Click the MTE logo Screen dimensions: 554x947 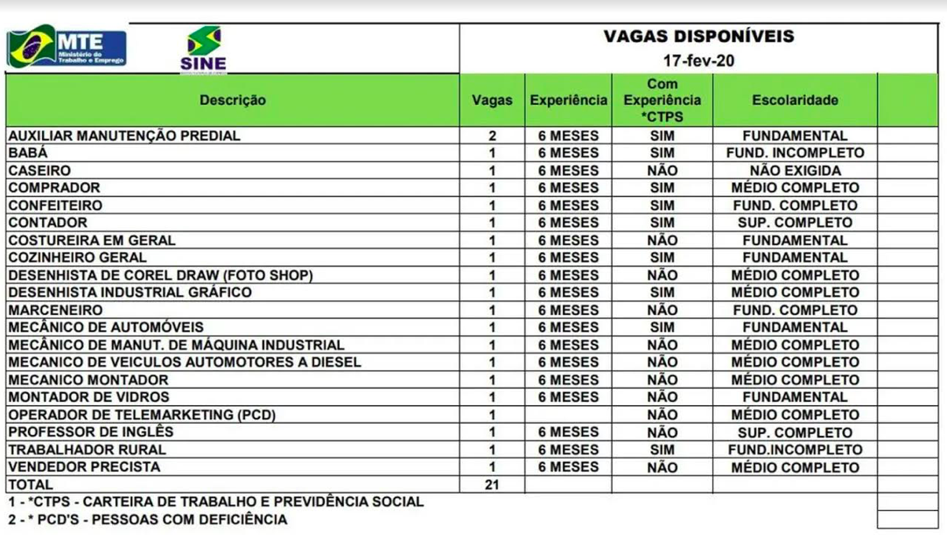[x=67, y=48]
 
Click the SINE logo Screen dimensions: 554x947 [x=203, y=49]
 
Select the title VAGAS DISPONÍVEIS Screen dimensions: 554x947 [x=698, y=37]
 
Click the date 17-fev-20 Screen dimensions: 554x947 [x=698, y=61]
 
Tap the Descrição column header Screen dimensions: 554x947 [x=232, y=101]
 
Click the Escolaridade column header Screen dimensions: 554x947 [x=795, y=101]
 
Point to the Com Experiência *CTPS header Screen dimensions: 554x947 [x=662, y=100]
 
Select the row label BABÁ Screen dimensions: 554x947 [x=27, y=153]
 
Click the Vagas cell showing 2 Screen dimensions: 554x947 [x=492, y=136]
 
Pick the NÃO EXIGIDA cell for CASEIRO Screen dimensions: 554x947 [x=795, y=171]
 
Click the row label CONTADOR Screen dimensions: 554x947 [x=47, y=222]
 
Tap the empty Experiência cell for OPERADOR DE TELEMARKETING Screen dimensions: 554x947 [x=568, y=415]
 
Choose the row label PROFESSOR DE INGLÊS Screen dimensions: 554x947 [x=90, y=432]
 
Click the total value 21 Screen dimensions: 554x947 [x=492, y=485]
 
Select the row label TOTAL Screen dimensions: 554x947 [x=31, y=485]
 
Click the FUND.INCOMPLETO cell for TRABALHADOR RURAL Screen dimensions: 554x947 [x=795, y=450]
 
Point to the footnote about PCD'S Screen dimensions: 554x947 [x=148, y=519]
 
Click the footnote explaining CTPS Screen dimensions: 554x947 [x=215, y=502]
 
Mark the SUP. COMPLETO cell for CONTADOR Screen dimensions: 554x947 [x=795, y=222]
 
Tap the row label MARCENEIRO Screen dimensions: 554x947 [x=55, y=310]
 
